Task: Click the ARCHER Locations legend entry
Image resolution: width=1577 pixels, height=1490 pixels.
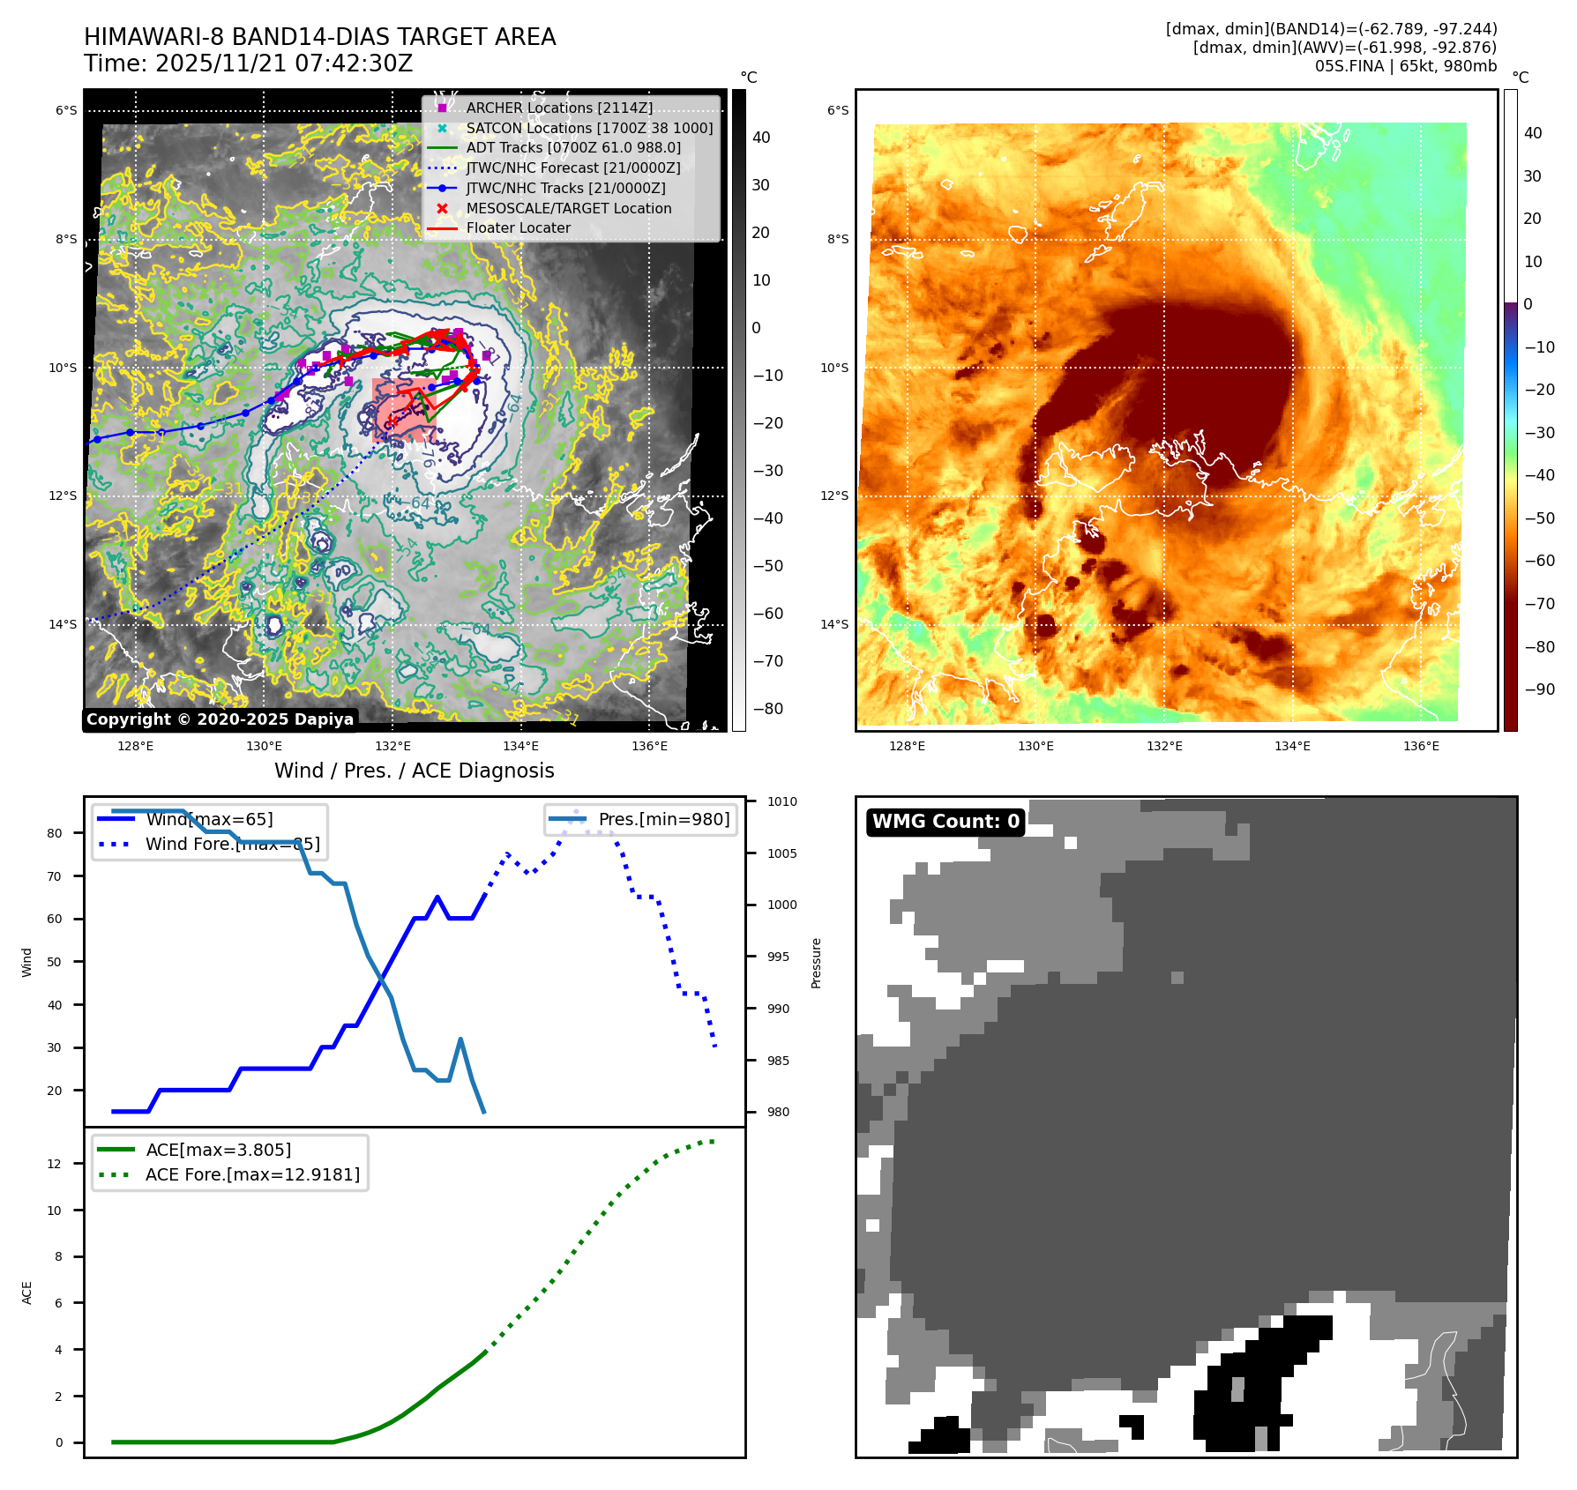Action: pyautogui.click(x=559, y=108)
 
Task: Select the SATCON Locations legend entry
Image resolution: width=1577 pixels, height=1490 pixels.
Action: pyautogui.click(x=589, y=128)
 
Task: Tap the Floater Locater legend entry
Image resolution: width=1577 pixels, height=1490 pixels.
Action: pyautogui.click(x=518, y=227)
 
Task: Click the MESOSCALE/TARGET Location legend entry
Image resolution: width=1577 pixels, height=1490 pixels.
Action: pyautogui.click(x=568, y=208)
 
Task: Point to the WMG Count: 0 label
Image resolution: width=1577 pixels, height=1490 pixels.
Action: pyautogui.click(x=945, y=822)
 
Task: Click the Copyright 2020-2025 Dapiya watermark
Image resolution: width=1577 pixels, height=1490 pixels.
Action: pyautogui.click(x=220, y=719)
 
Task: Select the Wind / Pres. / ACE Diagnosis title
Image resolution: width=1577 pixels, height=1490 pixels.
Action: pyautogui.click(x=415, y=771)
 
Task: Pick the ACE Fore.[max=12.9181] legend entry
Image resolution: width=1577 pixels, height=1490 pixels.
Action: pyautogui.click(x=252, y=1174)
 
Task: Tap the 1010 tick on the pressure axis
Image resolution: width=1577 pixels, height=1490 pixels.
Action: pyautogui.click(x=781, y=801)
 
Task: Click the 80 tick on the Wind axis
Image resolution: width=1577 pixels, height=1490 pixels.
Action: pyautogui.click(x=55, y=833)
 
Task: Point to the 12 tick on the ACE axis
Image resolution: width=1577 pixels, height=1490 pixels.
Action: pyautogui.click(x=55, y=1164)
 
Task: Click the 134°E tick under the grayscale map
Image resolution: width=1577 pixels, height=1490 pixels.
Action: pyautogui.click(x=520, y=746)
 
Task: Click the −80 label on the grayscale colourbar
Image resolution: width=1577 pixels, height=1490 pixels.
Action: pyautogui.click(x=767, y=709)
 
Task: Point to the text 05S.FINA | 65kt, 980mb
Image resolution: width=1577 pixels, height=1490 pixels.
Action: pyautogui.click(x=1406, y=66)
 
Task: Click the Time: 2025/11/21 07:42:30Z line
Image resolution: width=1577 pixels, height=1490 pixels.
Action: pyautogui.click(x=248, y=63)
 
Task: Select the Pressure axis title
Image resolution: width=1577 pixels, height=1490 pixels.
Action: pyautogui.click(x=817, y=963)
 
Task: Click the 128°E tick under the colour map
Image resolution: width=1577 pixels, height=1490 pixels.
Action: pyautogui.click(x=907, y=746)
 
